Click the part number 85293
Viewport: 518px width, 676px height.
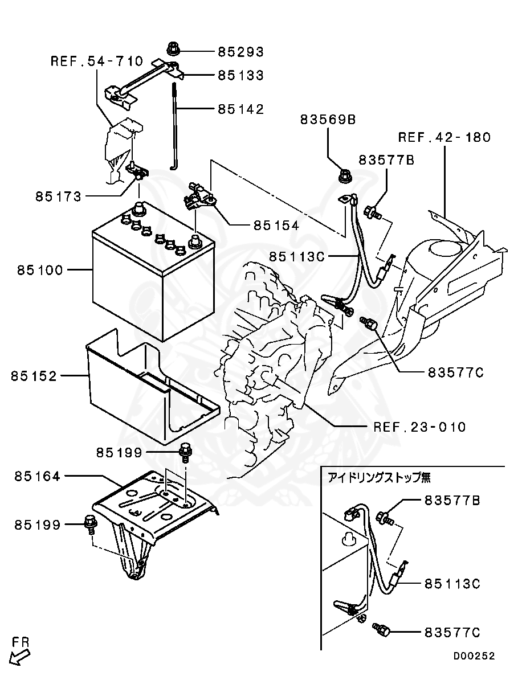coord(240,52)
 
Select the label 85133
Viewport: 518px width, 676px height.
coord(240,75)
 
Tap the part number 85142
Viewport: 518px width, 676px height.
coord(240,109)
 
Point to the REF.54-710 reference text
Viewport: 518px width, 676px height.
coord(96,61)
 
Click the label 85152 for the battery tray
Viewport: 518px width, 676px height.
coord(34,376)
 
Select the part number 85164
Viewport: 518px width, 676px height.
coord(37,476)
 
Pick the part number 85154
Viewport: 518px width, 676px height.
coord(276,226)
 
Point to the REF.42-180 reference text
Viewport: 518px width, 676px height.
coord(444,137)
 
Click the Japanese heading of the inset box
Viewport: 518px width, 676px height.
coord(379,477)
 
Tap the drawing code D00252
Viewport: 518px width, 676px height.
coord(474,656)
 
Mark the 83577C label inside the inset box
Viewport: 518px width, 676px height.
coord(452,632)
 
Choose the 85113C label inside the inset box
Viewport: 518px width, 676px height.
coord(452,584)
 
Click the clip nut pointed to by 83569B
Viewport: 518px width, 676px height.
coord(345,175)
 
